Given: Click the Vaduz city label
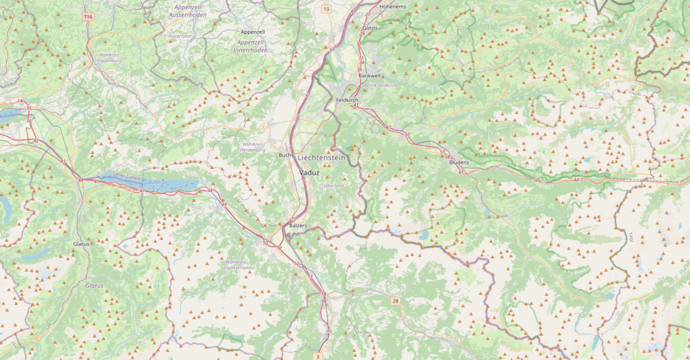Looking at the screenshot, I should pos(311,173).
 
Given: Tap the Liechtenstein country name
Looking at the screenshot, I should pos(321,157).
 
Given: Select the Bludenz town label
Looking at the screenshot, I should pos(459,162).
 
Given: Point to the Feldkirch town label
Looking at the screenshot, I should pos(347,100).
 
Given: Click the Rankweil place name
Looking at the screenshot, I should pos(370,76).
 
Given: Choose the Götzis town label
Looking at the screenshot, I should pos(371,28).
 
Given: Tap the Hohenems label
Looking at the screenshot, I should pos(394,6).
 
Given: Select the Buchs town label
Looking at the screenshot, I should pos(284,155).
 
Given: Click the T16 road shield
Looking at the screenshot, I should pos(88,15).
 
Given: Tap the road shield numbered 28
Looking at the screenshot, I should pos(396,301).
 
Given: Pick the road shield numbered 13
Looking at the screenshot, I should pos(326,9).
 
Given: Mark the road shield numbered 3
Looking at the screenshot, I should pos(317,356).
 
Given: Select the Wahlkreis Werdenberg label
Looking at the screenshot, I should pos(253,147).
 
